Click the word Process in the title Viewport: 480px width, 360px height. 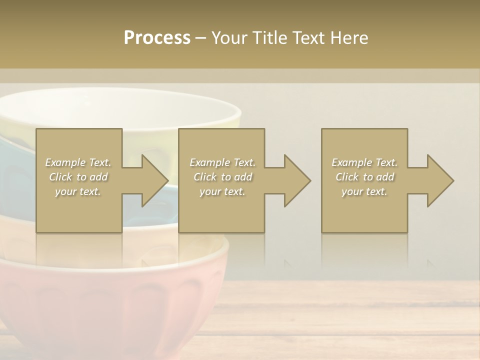coord(157,38)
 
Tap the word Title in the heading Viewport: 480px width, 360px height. coord(268,38)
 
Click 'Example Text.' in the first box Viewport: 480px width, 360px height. coord(78,162)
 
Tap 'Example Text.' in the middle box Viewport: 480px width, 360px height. coord(222,162)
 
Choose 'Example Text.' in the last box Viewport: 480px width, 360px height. coord(364,162)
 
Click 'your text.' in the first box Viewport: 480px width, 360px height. coord(78,191)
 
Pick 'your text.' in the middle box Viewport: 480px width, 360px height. coord(222,191)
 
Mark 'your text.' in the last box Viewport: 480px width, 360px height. coord(364,191)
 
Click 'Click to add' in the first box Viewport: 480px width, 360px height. coord(78,177)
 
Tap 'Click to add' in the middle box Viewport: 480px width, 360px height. coord(222,177)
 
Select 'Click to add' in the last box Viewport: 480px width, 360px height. coord(364,177)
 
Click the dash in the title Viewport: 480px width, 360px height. coord(200,38)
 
